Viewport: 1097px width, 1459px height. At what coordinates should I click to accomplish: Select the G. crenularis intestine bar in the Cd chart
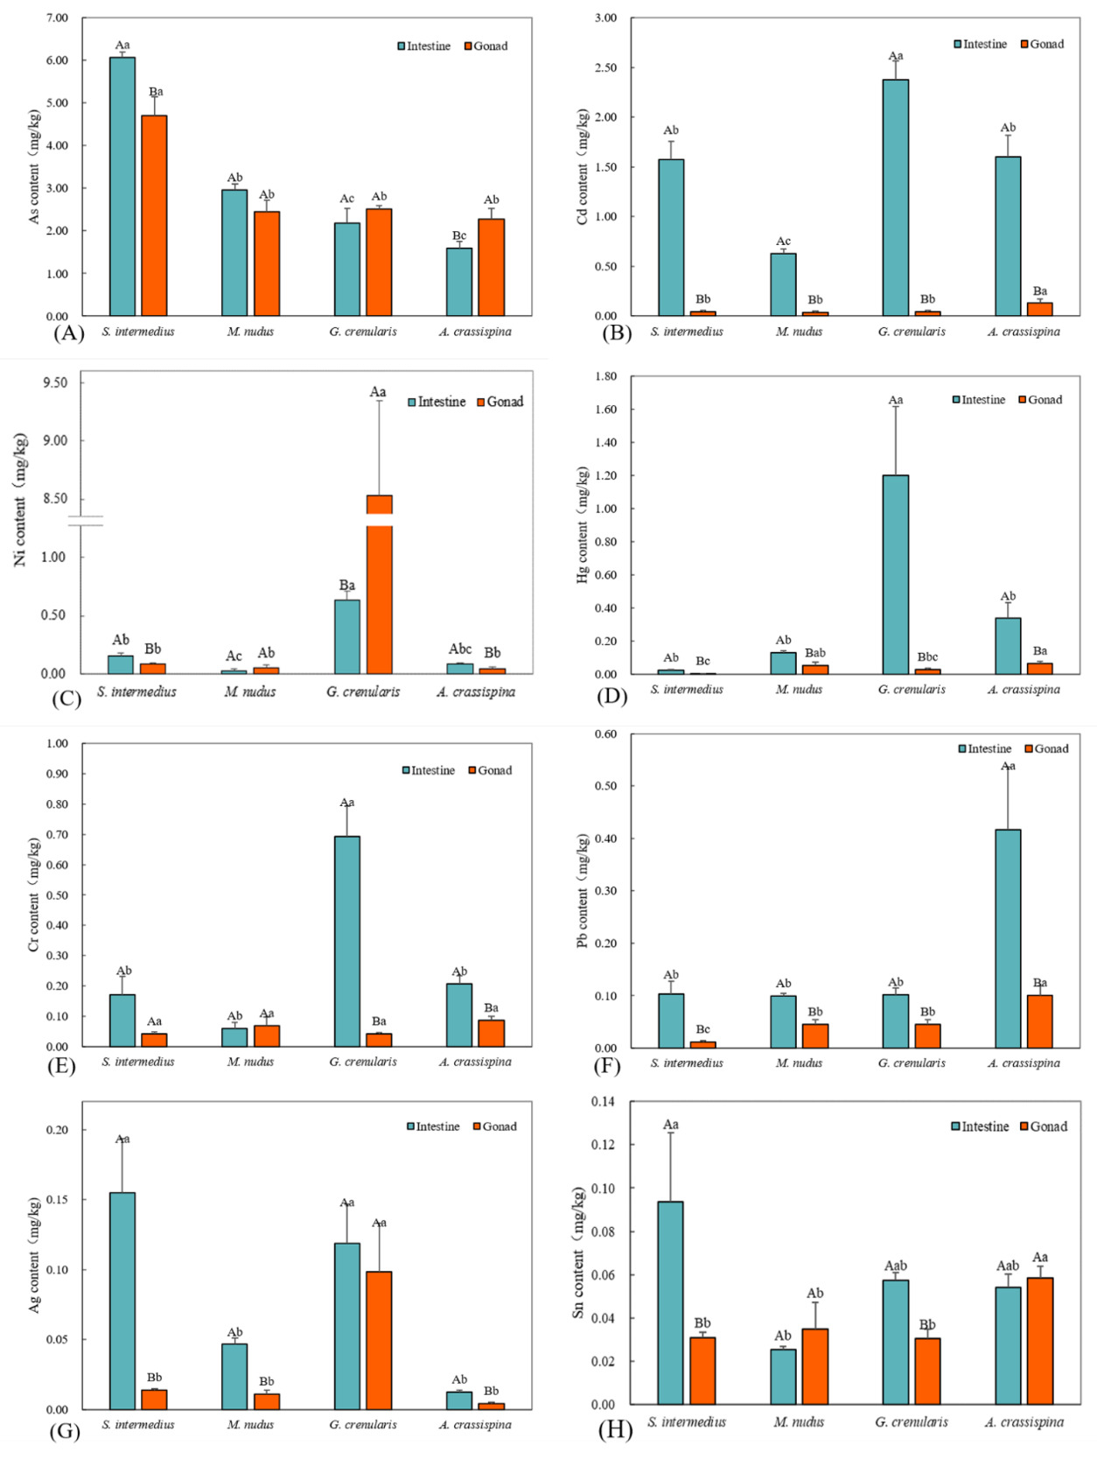pyautogui.click(x=895, y=197)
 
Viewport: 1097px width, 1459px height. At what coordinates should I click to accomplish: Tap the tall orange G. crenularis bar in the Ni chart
pyautogui.click(x=379, y=586)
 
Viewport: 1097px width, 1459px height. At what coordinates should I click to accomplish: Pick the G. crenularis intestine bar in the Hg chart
pyautogui.click(x=895, y=574)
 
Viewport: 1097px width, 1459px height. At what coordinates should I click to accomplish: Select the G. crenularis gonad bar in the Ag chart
pyautogui.click(x=379, y=1340)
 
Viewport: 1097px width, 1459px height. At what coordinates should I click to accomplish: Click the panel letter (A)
pyautogui.click(x=68, y=333)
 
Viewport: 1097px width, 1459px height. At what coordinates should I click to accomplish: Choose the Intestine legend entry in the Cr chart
pyautogui.click(x=428, y=770)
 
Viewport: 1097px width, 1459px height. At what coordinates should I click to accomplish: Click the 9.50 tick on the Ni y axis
pyautogui.click(x=54, y=382)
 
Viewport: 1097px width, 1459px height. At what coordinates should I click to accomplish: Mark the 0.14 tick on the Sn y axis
pyautogui.click(x=604, y=1101)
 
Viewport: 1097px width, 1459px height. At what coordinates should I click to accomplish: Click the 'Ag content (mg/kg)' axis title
pyautogui.click(x=35, y=1255)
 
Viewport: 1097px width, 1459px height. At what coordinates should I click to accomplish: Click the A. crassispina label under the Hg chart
pyautogui.click(x=1024, y=689)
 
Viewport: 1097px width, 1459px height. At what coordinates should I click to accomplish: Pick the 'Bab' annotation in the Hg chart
pyautogui.click(x=814, y=653)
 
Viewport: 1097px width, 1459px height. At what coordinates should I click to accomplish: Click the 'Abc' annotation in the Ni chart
pyautogui.click(x=460, y=649)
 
